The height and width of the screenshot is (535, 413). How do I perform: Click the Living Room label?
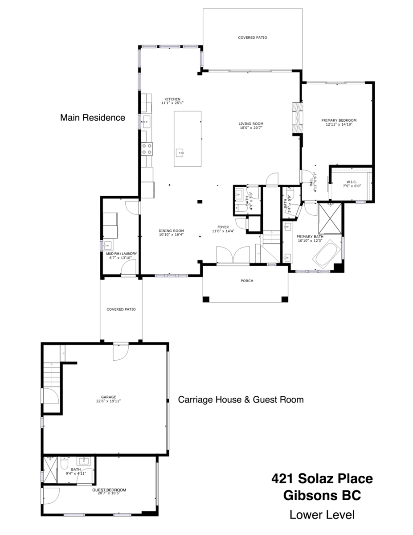tap(251, 123)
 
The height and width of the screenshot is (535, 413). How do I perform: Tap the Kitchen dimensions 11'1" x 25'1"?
tap(172, 103)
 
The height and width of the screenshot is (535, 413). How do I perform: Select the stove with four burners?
tap(147, 149)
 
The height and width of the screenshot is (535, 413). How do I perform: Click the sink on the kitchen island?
tap(180, 153)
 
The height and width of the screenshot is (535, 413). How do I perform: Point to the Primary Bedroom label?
tap(339, 120)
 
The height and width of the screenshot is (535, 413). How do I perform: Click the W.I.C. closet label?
tap(352, 182)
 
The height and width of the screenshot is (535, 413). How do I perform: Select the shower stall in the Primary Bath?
tap(330, 218)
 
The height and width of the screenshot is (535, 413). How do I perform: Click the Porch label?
tap(247, 281)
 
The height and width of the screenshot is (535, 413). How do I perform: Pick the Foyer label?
tap(223, 227)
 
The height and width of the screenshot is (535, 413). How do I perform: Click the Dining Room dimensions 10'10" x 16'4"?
tap(171, 235)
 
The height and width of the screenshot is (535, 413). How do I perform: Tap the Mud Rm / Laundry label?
tap(121, 254)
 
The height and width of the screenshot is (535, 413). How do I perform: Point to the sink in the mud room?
tap(107, 246)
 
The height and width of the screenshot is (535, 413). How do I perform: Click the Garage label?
tap(108, 397)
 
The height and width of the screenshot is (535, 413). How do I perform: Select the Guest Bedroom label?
tap(109, 490)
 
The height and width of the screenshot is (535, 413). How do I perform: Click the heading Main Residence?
tap(93, 117)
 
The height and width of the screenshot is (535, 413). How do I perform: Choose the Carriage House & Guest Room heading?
tap(241, 399)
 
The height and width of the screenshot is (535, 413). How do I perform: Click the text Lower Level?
tap(322, 515)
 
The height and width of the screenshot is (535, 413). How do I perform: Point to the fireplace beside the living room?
tap(298, 119)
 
